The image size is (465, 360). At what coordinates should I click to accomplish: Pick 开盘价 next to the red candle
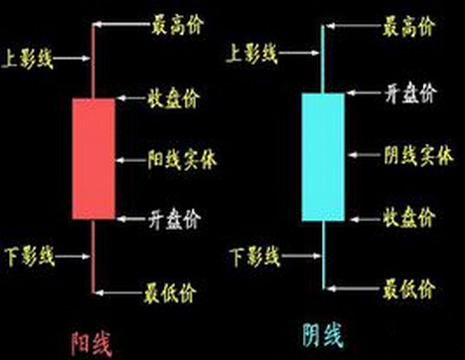click(175, 216)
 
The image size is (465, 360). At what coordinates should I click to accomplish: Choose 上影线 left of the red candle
click(30, 59)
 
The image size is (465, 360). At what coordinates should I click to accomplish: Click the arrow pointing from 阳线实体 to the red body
click(130, 157)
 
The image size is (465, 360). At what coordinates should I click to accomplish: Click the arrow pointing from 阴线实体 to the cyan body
click(363, 156)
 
